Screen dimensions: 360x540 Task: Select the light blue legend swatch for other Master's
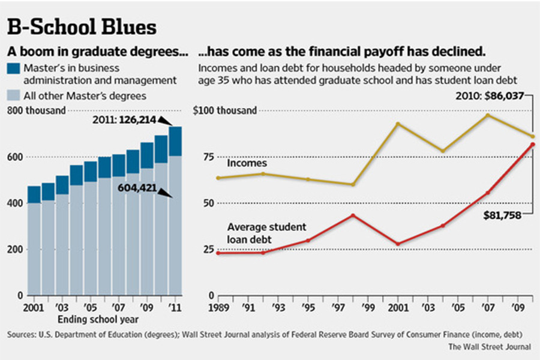point(14,95)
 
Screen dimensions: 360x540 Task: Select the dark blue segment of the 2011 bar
point(175,142)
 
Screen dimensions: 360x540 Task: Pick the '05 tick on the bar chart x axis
point(91,308)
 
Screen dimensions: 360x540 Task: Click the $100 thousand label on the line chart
point(225,110)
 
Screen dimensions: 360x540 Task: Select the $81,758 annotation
point(502,214)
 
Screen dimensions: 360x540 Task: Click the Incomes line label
point(247,163)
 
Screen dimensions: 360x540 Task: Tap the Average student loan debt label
point(258,233)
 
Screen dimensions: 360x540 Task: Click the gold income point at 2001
point(397,124)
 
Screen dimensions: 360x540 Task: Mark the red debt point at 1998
point(353,215)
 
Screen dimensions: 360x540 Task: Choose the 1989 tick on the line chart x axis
point(218,308)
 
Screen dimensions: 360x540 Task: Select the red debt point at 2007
point(487,193)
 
